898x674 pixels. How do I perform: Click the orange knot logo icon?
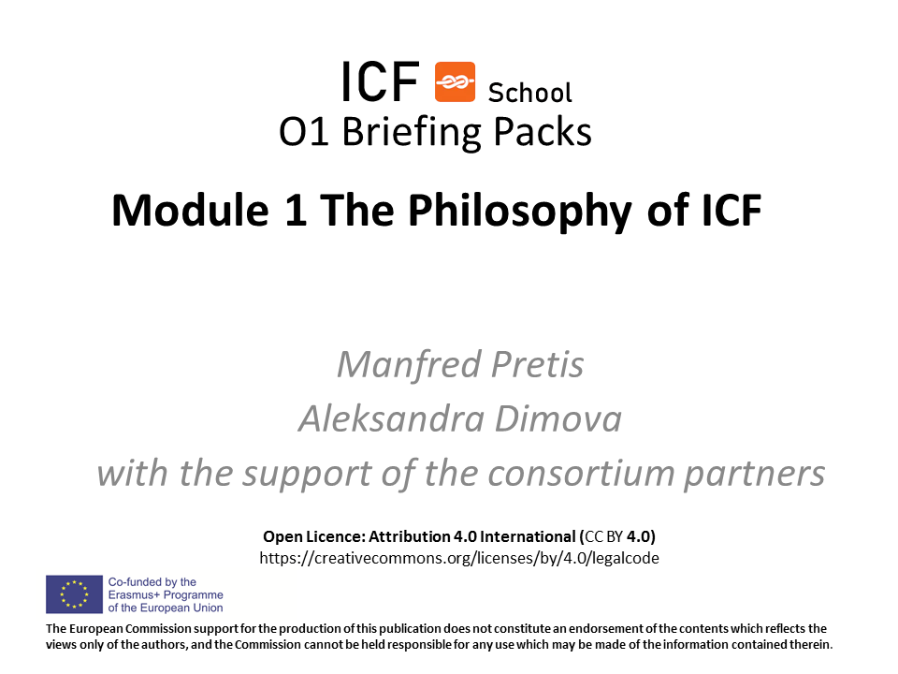tap(455, 82)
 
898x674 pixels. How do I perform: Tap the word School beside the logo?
tap(529, 93)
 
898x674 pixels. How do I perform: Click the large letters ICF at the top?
tap(380, 82)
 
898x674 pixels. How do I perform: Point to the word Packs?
tap(542, 132)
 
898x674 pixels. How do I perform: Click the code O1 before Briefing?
tap(303, 132)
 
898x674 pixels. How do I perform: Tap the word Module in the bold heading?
tap(190, 210)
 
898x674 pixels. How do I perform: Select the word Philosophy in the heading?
tap(519, 212)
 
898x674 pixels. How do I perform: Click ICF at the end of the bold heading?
tap(731, 210)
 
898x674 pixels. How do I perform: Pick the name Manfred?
tap(409, 364)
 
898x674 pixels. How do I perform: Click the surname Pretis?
tap(538, 364)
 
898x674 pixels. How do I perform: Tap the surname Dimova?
tap(558, 418)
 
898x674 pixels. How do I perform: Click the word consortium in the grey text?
tap(581, 474)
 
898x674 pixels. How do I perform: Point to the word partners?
tap(755, 475)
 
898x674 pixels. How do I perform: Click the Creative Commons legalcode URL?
tap(459, 558)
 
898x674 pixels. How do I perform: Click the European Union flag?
tap(75, 594)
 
